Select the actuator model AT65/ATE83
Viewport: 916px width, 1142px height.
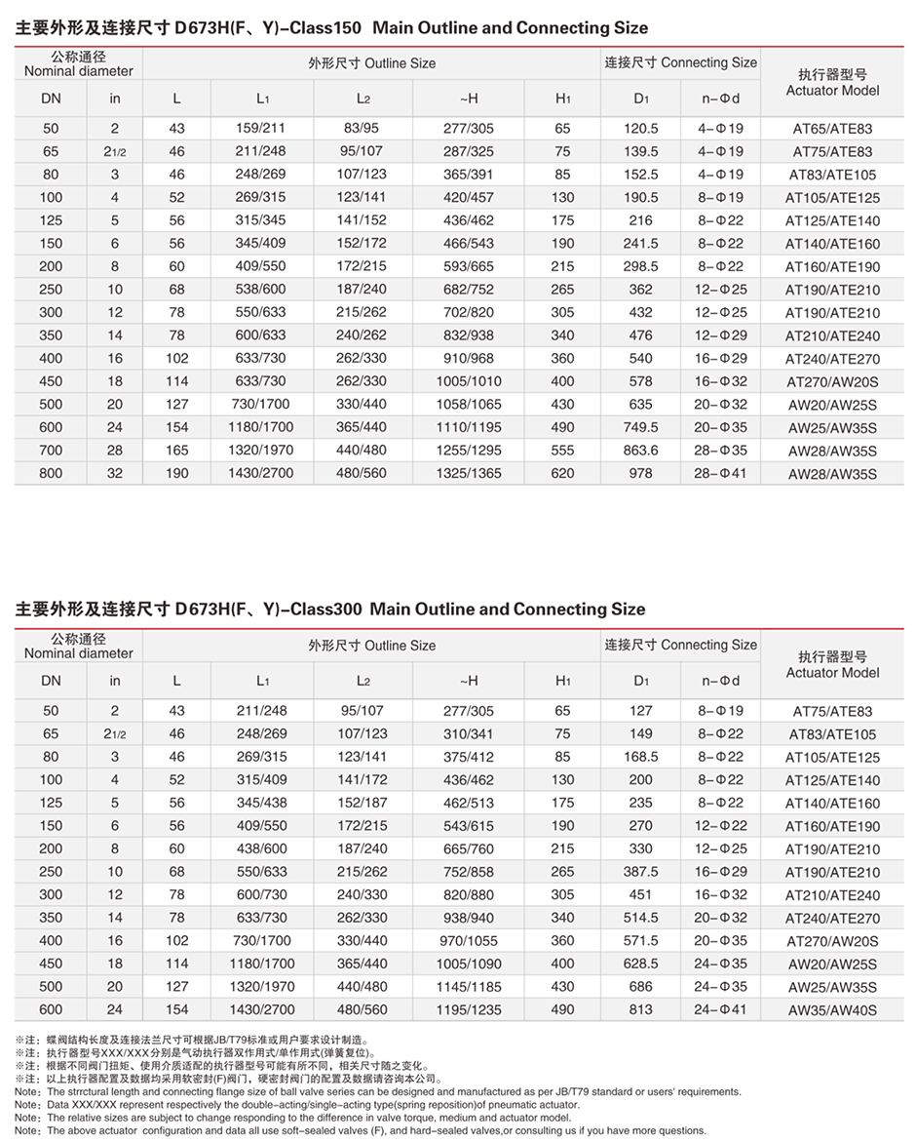click(832, 129)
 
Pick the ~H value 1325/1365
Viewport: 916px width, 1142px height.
click(468, 474)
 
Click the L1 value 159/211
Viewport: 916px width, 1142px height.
click(262, 129)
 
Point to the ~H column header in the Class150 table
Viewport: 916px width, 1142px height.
click(468, 98)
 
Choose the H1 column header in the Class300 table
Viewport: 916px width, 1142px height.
click(563, 681)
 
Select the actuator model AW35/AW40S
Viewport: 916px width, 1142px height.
click(832, 1010)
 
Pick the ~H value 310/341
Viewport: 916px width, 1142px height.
click(468, 734)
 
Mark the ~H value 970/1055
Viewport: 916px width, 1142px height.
click(468, 941)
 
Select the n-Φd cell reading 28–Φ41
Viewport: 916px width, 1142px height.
click(720, 474)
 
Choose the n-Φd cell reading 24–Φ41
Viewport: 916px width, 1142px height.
click(720, 1010)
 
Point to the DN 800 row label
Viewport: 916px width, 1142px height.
click(51, 474)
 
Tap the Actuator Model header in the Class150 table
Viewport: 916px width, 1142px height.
click(832, 91)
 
